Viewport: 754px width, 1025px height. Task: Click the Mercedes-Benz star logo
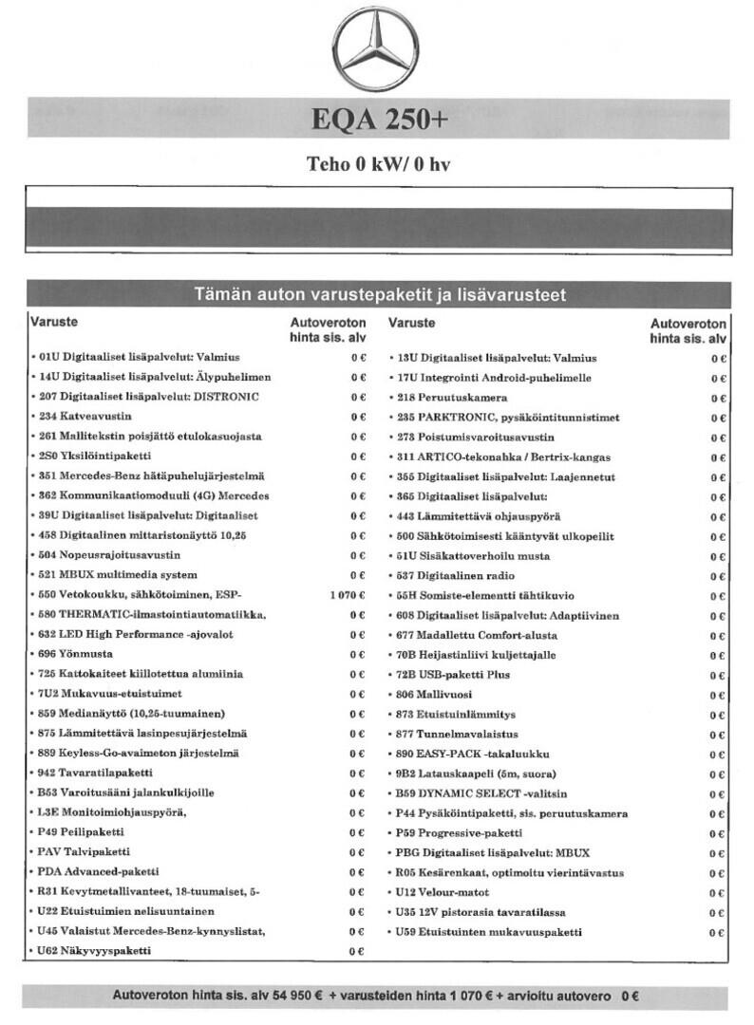coord(376,48)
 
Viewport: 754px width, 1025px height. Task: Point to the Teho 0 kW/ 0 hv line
coord(377,163)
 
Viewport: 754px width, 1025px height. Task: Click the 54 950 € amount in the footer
coord(296,997)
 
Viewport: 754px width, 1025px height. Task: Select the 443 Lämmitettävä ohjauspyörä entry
coord(478,516)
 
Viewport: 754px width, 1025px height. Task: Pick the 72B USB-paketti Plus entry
coord(453,675)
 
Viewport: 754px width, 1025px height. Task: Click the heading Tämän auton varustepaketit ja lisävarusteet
coord(379,295)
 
